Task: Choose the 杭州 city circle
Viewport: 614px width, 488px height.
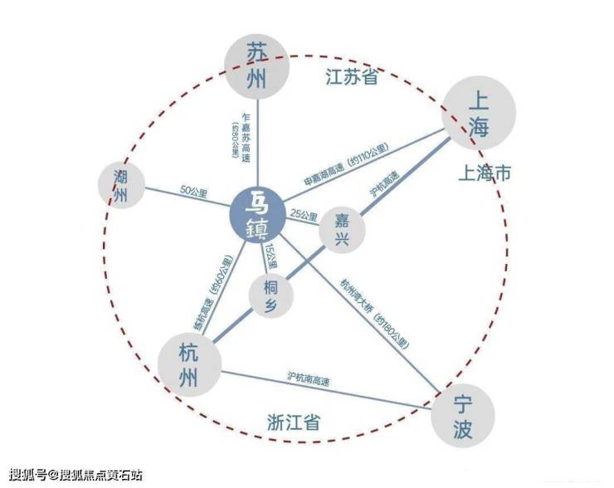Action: point(188,364)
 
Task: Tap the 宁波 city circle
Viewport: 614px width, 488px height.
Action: point(463,416)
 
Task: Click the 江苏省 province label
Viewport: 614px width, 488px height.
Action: point(350,78)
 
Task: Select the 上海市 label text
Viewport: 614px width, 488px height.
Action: point(490,174)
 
